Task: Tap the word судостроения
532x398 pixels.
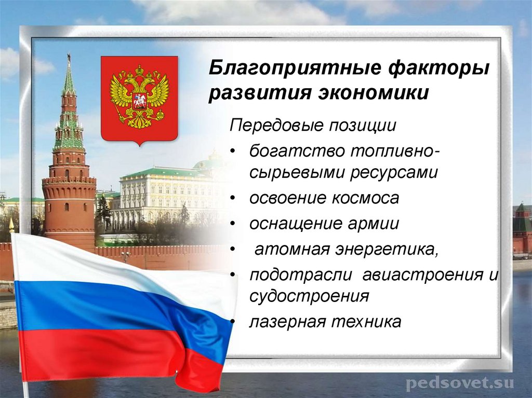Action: [309, 296]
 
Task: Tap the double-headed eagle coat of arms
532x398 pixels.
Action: [139, 98]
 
